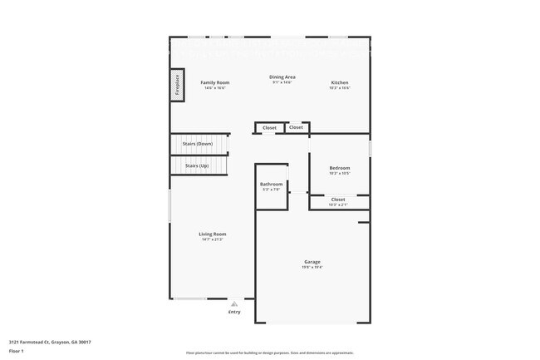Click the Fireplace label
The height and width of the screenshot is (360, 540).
tap(177, 86)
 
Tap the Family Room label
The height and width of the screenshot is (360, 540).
tap(215, 82)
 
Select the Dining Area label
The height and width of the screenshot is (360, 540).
tap(282, 77)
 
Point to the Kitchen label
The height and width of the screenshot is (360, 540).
tap(340, 82)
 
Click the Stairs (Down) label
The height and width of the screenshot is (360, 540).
tap(197, 144)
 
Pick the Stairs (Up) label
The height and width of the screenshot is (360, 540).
tap(197, 165)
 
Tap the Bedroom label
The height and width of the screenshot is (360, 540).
tap(339, 168)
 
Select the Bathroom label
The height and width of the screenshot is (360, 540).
tap(271, 184)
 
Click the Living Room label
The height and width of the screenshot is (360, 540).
tap(213, 234)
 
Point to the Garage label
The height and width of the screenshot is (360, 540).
tap(312, 261)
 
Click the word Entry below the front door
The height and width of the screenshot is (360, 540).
tap(234, 312)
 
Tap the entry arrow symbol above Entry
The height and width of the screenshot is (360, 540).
tap(234, 303)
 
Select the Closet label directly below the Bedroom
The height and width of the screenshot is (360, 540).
tap(338, 200)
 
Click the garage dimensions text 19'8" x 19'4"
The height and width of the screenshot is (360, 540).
tap(312, 267)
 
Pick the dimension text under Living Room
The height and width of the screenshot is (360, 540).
tap(213, 239)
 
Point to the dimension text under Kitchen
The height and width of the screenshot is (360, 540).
tap(340, 87)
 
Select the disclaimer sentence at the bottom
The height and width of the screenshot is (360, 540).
tap(270, 353)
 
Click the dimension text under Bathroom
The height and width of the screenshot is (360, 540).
tap(271, 190)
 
